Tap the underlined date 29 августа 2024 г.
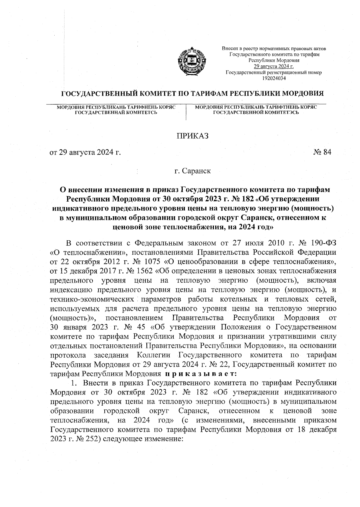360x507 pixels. point(274,67)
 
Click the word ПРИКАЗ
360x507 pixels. point(192,136)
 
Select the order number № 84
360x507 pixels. point(322,152)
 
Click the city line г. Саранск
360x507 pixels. point(192,171)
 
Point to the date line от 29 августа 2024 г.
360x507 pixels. point(85,152)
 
